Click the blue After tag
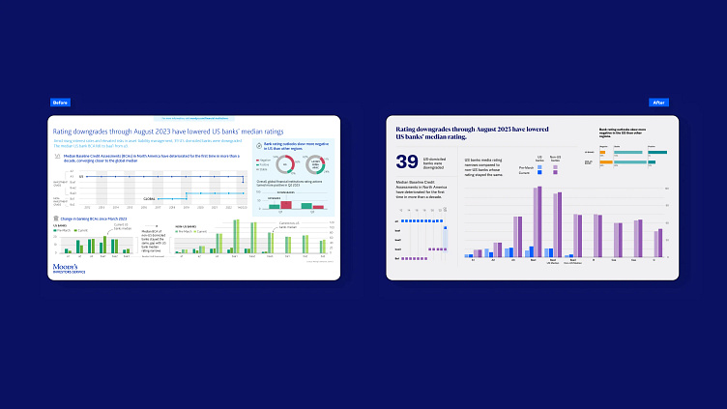(658, 102)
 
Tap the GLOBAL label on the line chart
(151, 198)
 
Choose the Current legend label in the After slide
(527, 174)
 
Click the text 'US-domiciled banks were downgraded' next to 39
(443, 161)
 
